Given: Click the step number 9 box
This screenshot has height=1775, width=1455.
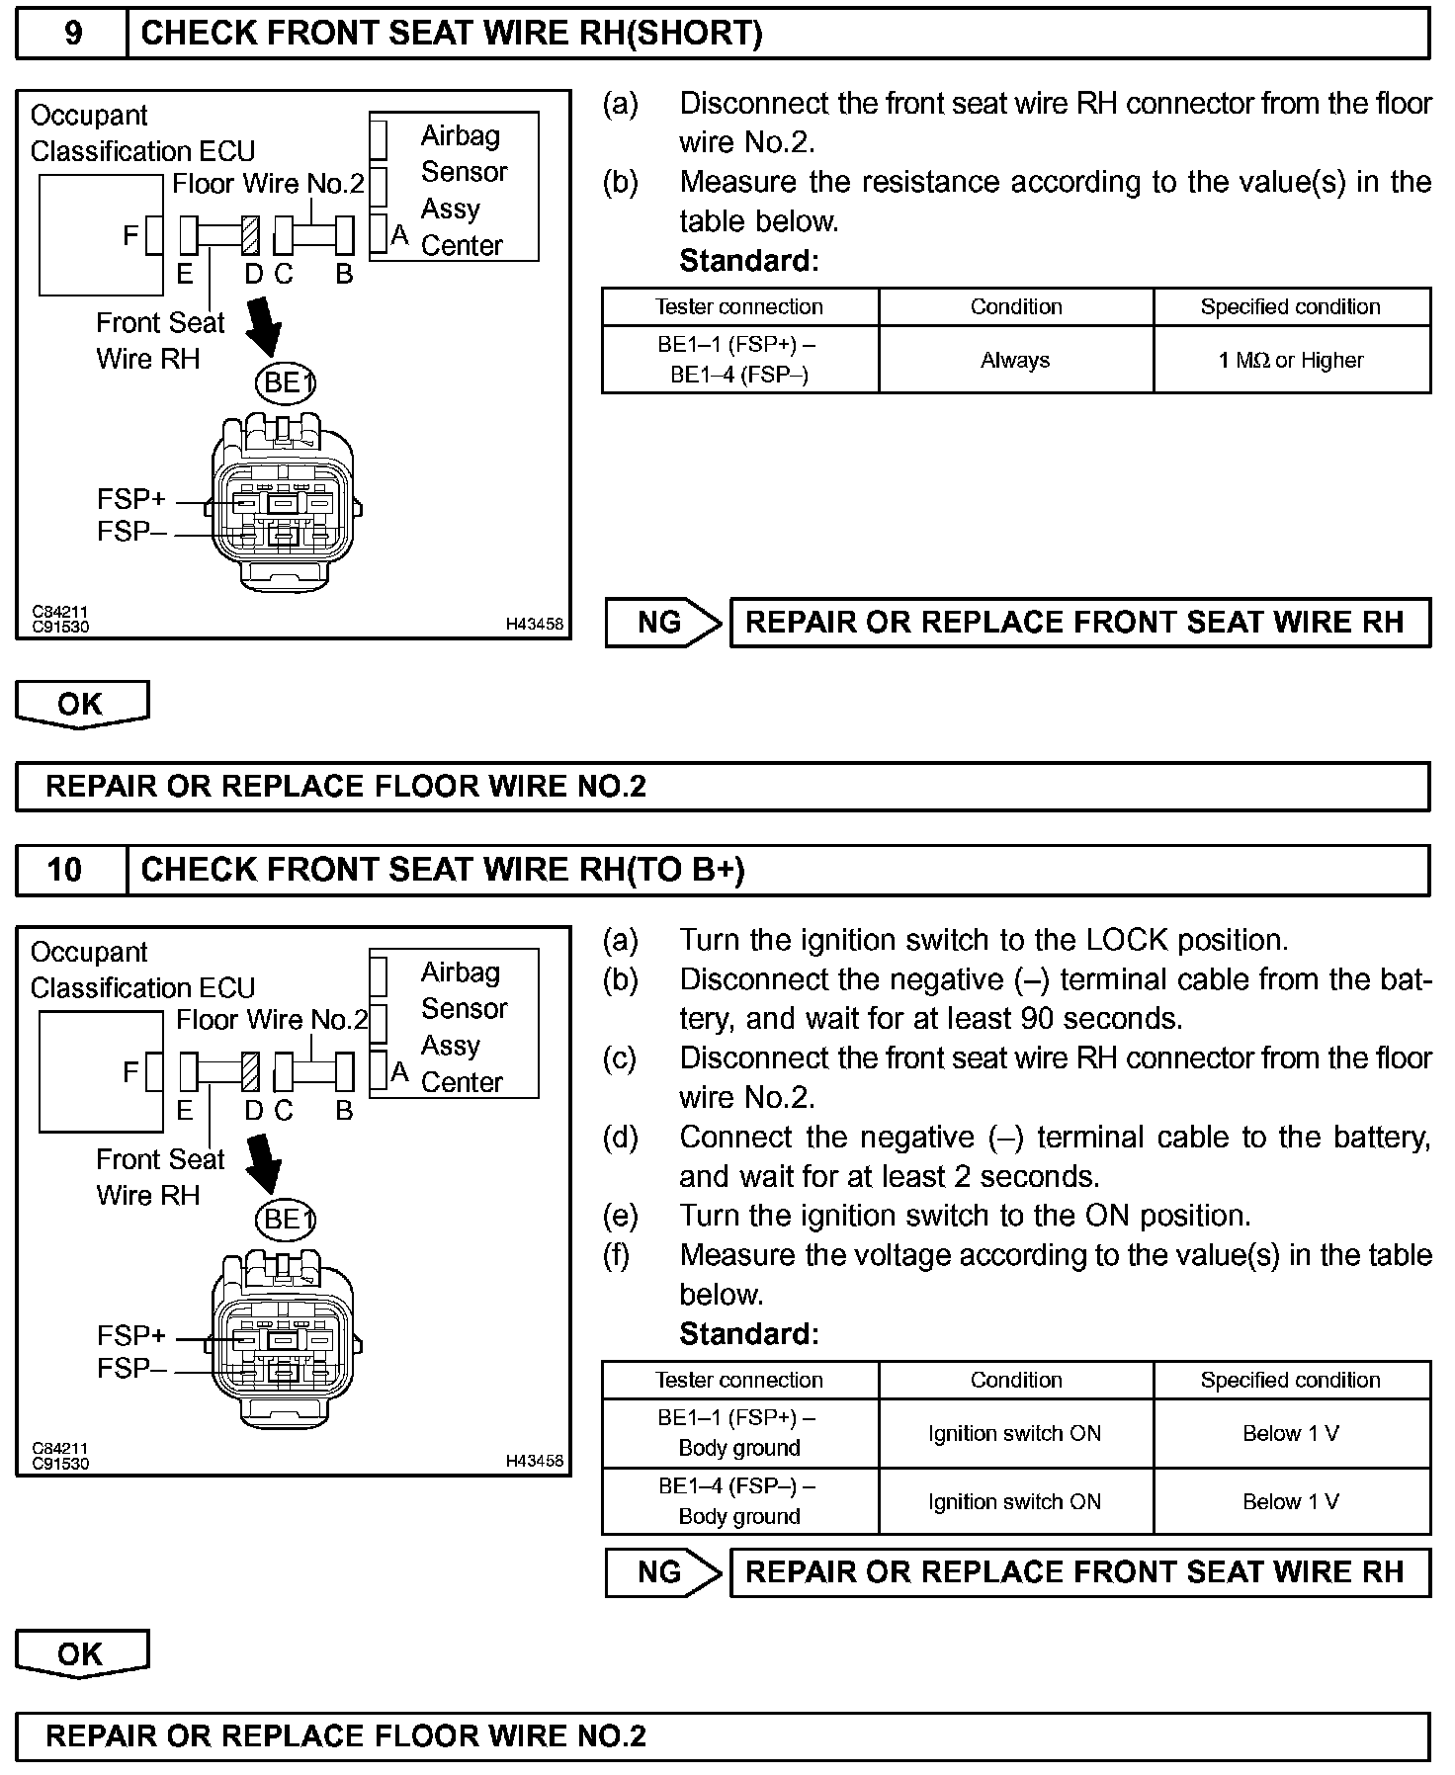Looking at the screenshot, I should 72,34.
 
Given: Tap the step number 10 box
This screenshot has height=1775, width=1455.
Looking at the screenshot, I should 65,870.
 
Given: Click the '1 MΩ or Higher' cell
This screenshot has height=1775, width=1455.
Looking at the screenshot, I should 1291,361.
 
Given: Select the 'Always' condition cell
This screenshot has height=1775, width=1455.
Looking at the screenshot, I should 1015,361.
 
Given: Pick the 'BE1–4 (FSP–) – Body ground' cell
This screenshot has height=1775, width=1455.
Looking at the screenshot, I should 739,1500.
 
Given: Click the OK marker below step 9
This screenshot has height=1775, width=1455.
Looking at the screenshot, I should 81,705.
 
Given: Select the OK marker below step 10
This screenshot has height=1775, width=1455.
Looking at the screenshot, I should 81,1653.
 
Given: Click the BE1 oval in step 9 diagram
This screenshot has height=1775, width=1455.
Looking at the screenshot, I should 286,382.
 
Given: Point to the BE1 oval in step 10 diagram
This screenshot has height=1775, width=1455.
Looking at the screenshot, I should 286,1219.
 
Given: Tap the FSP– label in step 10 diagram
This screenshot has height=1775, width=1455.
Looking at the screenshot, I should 130,1369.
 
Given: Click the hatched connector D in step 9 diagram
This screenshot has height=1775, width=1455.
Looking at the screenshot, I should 251,236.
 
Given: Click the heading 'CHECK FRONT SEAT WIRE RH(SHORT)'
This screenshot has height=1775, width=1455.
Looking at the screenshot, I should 452,34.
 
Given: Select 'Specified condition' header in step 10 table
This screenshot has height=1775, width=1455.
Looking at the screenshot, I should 1291,1380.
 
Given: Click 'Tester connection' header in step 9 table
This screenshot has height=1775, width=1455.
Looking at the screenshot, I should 739,307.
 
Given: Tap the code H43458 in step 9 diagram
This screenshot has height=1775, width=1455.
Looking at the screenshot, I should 534,624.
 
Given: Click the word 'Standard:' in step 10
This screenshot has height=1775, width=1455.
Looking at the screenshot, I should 749,1334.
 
